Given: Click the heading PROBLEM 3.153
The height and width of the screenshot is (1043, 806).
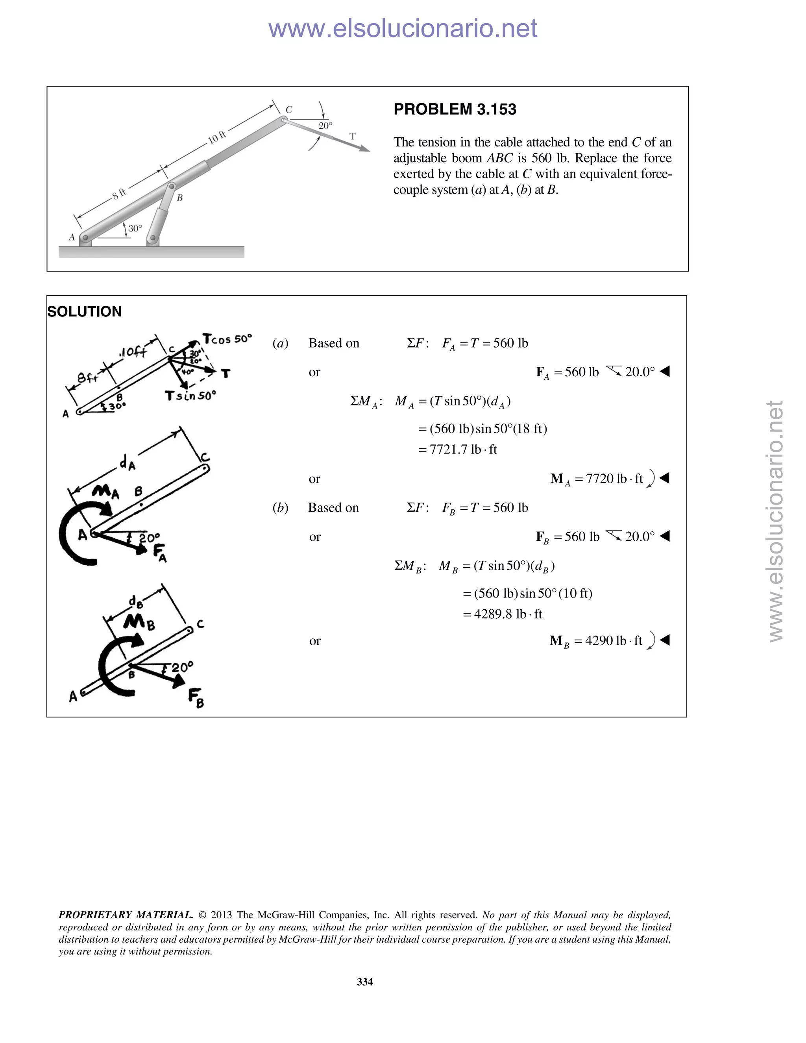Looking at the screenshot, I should pyautogui.click(x=455, y=109).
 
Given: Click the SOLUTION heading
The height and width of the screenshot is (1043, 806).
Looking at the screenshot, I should pyautogui.click(x=85, y=312).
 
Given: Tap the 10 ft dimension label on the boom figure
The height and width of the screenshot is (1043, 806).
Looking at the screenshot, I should pyautogui.click(x=217, y=137).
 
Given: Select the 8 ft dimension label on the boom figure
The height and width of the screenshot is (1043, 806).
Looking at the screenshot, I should pyautogui.click(x=119, y=193).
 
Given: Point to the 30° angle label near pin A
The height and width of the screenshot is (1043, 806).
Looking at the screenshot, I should pyautogui.click(x=135, y=228).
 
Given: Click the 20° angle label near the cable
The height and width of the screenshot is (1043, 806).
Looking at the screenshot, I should pyautogui.click(x=325, y=126).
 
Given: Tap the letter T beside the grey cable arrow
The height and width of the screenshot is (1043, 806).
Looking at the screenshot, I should pyautogui.click(x=352, y=137).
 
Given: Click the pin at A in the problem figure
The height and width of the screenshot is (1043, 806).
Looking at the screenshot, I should pyautogui.click(x=85, y=237).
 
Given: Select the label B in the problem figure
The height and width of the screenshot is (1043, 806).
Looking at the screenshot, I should pyautogui.click(x=179, y=198).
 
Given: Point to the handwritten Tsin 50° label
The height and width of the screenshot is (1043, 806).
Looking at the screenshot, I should pyautogui.click(x=190, y=396).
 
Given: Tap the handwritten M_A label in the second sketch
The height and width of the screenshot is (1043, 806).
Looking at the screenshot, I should pyautogui.click(x=105, y=491).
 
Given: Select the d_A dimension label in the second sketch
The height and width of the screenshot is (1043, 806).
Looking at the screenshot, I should pyautogui.click(x=127, y=463).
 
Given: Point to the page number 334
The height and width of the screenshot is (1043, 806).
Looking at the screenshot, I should pyautogui.click(x=365, y=982).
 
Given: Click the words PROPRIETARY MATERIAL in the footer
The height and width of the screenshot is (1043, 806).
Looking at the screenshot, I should pyautogui.click(x=126, y=915).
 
